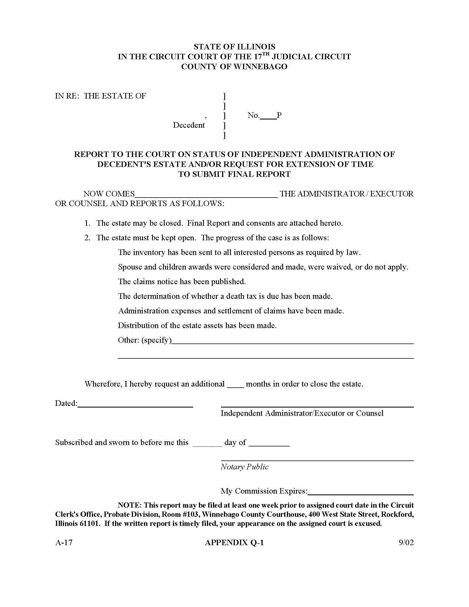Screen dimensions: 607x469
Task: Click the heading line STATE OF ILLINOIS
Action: (234, 47)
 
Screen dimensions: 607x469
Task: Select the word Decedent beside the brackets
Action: (189, 125)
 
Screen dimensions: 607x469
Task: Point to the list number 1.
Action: (87, 223)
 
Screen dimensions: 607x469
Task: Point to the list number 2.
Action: (87, 238)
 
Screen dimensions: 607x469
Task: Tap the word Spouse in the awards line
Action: (130, 267)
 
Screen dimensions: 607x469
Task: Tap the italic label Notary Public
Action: (244, 467)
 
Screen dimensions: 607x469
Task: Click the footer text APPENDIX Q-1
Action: (234, 542)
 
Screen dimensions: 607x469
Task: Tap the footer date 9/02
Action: (406, 542)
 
